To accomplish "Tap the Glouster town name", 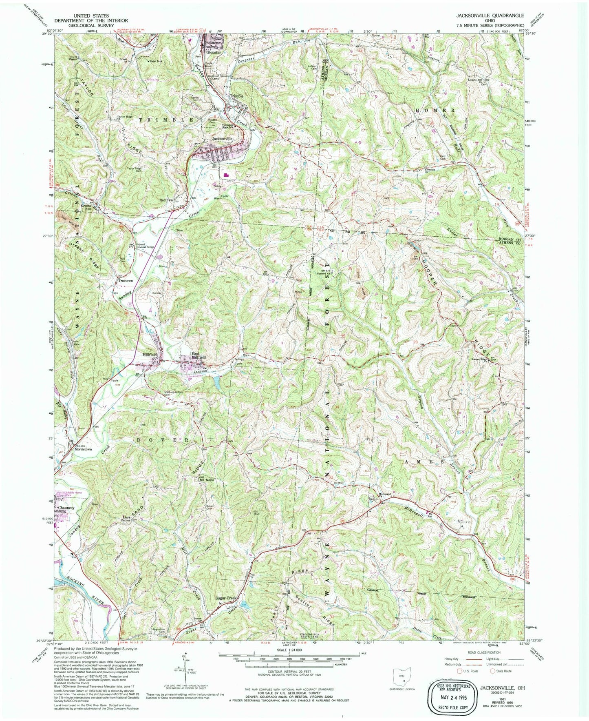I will [x=213, y=53].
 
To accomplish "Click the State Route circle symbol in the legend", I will [x=492, y=670].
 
